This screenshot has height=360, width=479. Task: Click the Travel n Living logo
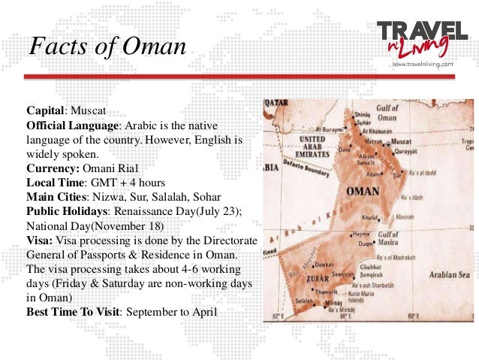coord(423,37)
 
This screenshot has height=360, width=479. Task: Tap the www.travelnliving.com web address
coord(423,65)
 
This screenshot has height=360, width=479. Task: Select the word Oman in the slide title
coord(155,47)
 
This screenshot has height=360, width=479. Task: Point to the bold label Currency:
coord(50,168)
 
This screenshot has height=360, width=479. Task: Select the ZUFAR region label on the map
coord(315,281)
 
